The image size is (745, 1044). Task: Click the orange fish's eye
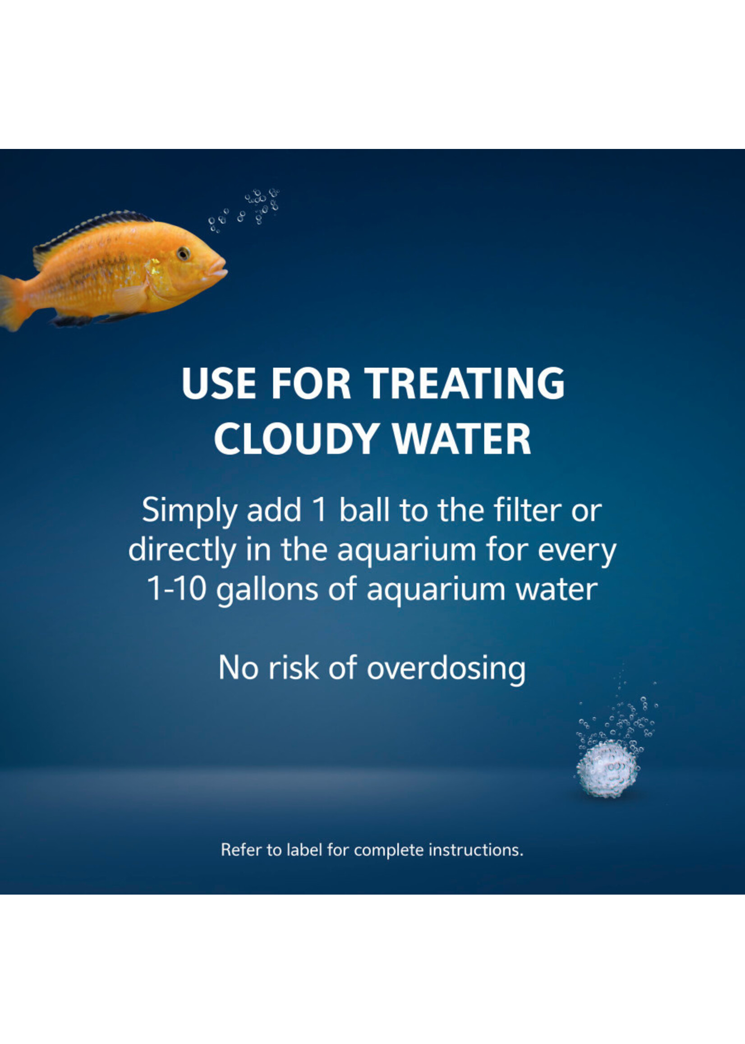184,253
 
